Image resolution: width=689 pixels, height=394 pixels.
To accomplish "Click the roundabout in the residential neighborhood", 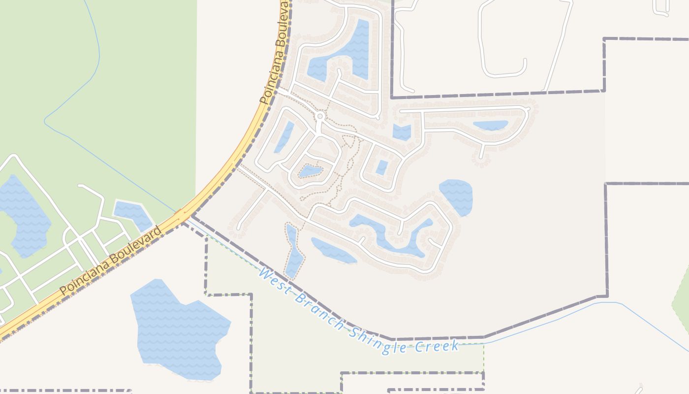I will point(320,116).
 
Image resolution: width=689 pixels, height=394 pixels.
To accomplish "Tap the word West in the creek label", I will point(274,279).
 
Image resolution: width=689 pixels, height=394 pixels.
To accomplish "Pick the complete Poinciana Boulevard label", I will point(111,261).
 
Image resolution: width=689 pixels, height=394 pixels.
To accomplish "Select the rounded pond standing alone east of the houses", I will point(456,196).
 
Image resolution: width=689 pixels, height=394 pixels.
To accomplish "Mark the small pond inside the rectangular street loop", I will point(382,167).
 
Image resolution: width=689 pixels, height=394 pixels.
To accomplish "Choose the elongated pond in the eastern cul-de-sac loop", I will point(490,125).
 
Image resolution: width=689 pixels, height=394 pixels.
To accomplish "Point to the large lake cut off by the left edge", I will point(25,217).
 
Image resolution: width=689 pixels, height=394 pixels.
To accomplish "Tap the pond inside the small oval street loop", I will point(310,171).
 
